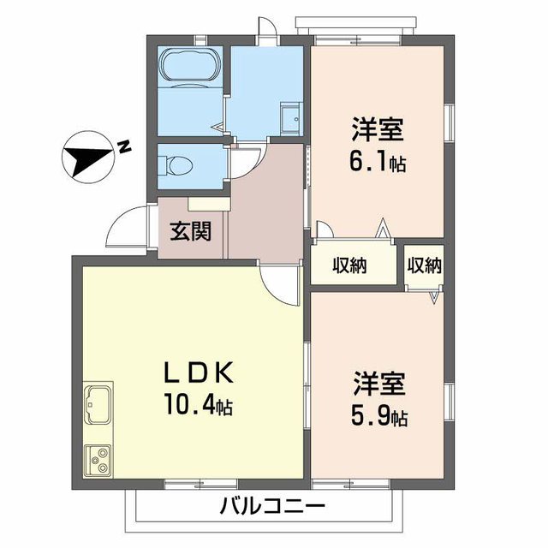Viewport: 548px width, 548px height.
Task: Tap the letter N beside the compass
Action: pyautogui.click(x=124, y=146)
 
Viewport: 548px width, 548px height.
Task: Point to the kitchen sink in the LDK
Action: pyautogui.click(x=98, y=402)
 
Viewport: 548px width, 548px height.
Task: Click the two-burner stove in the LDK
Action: pyautogui.click(x=98, y=460)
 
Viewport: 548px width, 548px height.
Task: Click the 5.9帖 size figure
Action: pyautogui.click(x=378, y=417)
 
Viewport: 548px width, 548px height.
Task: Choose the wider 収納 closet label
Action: pyautogui.click(x=350, y=265)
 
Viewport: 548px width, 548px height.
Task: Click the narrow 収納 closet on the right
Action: pyautogui.click(x=424, y=265)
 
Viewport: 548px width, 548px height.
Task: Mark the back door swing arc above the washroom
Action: pyautogui.click(x=268, y=28)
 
